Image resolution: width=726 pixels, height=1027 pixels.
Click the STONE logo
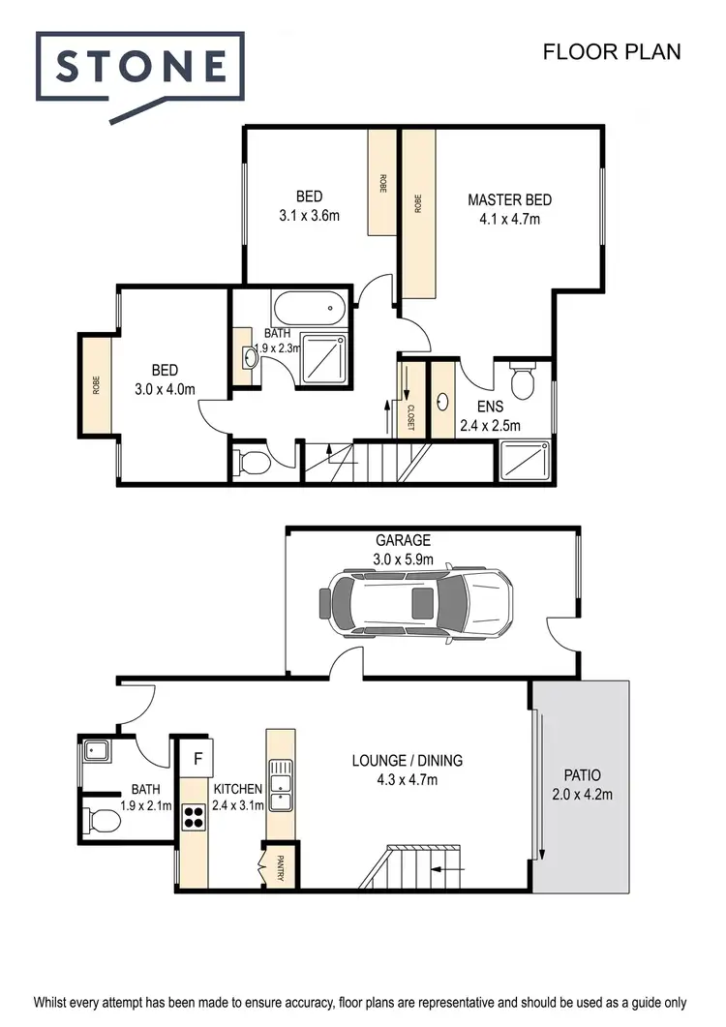pos(140,67)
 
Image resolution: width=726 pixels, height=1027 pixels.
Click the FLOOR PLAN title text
pos(611,51)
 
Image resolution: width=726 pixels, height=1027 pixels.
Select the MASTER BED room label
pos(509,200)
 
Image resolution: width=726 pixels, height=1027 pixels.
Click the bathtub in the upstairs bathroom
pos(309,310)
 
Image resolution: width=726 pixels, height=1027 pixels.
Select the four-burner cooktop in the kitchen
pos(194,818)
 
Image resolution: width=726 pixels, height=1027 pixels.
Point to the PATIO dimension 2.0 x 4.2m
pos(582,795)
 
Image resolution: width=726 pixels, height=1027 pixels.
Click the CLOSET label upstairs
pos(410,416)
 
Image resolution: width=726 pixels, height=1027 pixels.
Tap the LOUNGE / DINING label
pos(407,760)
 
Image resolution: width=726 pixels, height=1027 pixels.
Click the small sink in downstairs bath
pos(95,748)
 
